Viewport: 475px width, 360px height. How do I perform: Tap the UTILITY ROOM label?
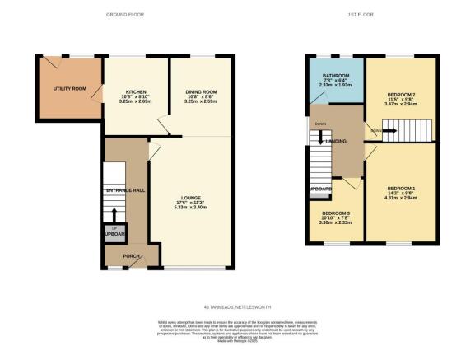68,88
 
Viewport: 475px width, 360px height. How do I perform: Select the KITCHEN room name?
136,91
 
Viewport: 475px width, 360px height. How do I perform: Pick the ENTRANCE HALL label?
125,190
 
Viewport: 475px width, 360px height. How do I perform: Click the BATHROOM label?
337,75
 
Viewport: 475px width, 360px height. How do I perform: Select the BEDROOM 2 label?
401,95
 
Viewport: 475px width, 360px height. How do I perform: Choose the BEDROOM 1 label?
401,189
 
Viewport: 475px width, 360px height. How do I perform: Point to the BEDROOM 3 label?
336,213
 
